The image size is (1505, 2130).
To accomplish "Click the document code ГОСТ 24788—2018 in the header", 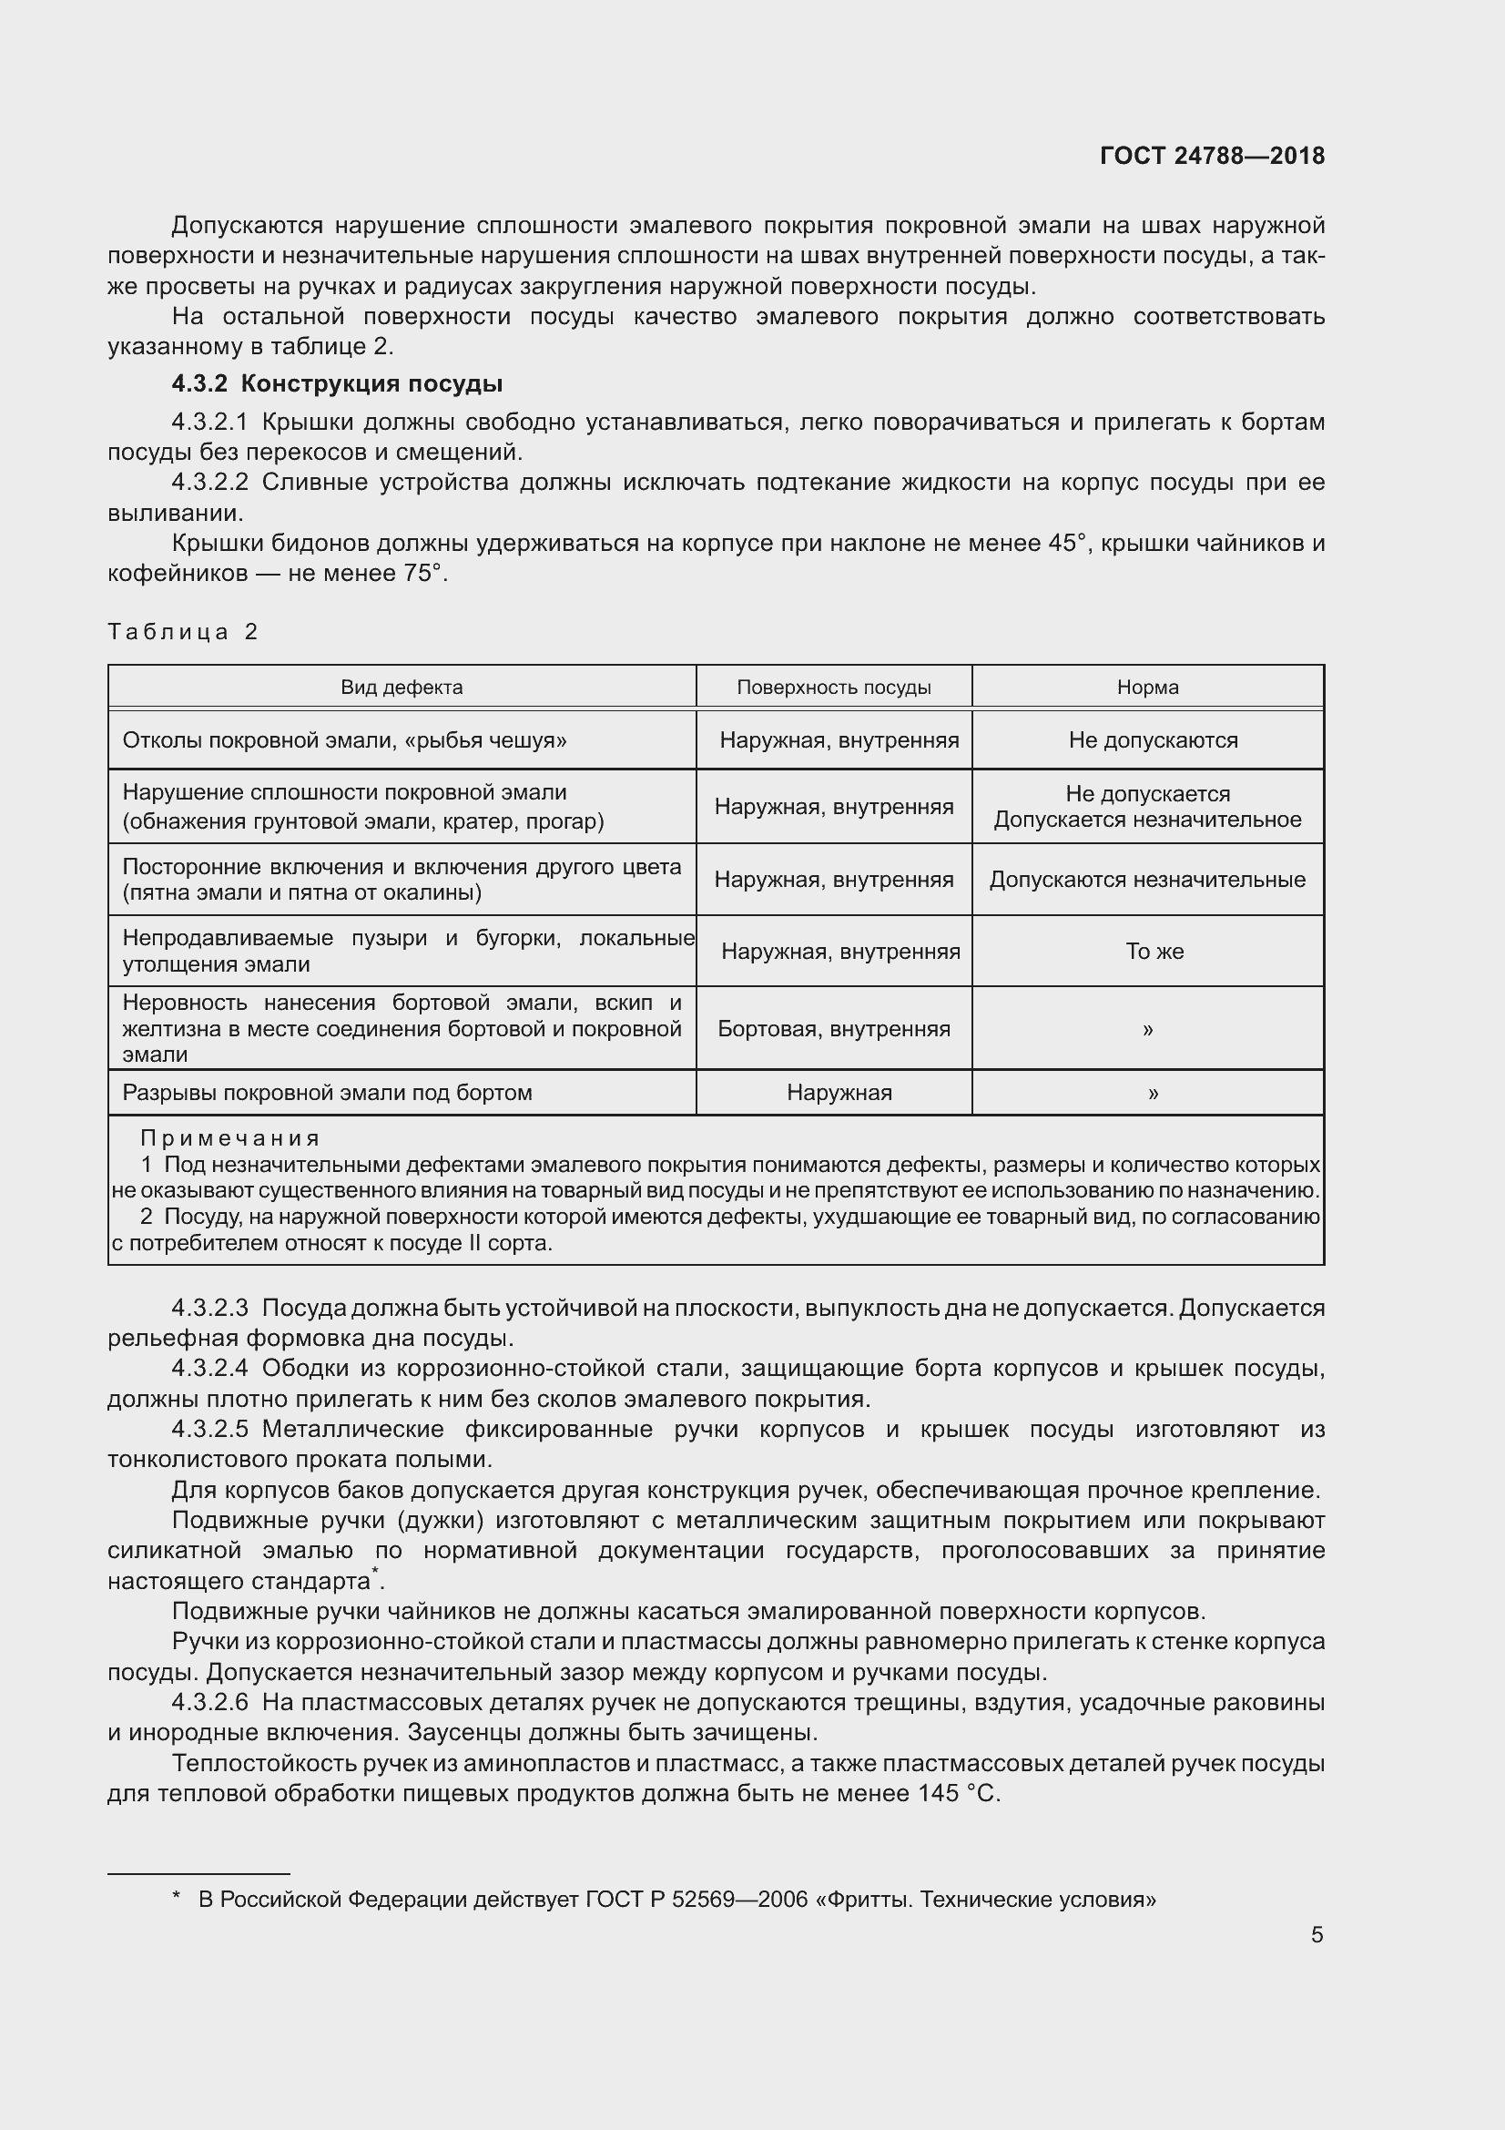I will tap(1211, 156).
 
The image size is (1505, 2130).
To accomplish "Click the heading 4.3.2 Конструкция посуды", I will tap(337, 383).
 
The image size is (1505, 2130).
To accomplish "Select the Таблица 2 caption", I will tap(183, 632).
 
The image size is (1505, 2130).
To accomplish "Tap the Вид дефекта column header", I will tap(402, 688).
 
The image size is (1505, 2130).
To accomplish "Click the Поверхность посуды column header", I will tap(834, 688).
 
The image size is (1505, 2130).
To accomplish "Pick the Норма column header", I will tap(1147, 688).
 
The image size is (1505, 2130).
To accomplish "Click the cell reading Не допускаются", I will tap(1153, 740).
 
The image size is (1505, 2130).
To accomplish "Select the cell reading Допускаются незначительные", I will tap(1147, 880).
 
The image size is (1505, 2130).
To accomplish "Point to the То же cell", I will tap(1154, 952).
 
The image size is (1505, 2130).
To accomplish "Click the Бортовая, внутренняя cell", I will tap(834, 1029).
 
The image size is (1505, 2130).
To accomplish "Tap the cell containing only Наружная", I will tap(839, 1093).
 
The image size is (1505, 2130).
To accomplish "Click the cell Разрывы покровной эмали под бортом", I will tap(328, 1093).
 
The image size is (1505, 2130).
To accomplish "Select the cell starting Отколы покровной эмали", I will tap(344, 740).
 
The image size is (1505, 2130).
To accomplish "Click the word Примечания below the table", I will tap(230, 1138).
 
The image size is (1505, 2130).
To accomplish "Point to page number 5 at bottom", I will tap(1317, 1935).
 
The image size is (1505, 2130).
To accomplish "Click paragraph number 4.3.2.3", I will tap(209, 1308).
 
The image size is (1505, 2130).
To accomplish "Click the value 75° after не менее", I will tap(422, 574).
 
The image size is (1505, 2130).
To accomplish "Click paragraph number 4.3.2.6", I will tap(209, 1702).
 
